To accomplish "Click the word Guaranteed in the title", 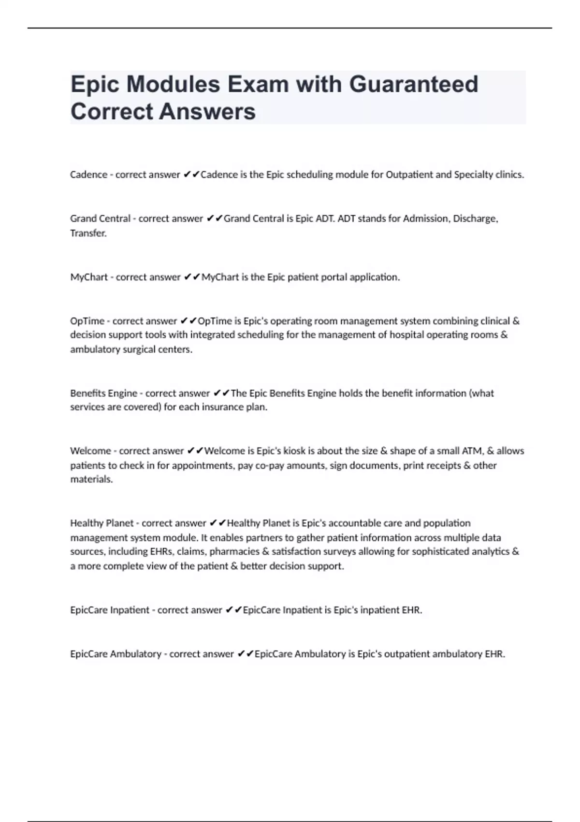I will [413, 85].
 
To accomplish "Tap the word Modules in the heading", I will [173, 85].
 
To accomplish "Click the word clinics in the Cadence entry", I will [509, 175].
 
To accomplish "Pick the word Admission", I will [425, 219].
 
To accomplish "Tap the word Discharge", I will [475, 219].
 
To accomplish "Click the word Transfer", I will [88, 233].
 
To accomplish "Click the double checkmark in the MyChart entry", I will [192, 277].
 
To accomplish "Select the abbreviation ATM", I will [472, 451].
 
